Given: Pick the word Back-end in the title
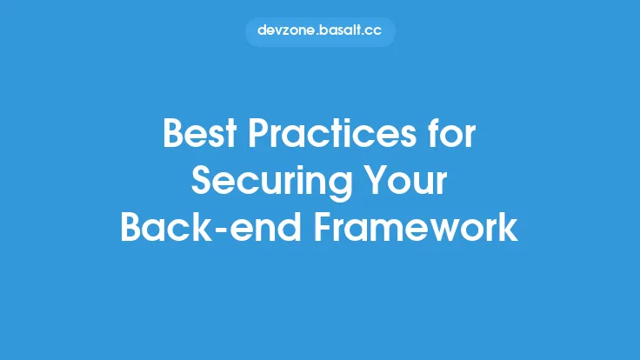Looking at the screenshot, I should pyautogui.click(x=203, y=227).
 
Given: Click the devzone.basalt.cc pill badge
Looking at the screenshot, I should pyautogui.click(x=320, y=31).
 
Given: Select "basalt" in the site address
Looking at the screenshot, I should pyautogui.click(x=340, y=31).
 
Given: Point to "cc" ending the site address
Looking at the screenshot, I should pyautogui.click(x=375, y=31).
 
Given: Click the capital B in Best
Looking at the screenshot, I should pyautogui.click(x=174, y=137).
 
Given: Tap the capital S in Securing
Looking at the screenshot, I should pyautogui.click(x=203, y=183).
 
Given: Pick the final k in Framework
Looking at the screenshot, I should pyautogui.click(x=510, y=227).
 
